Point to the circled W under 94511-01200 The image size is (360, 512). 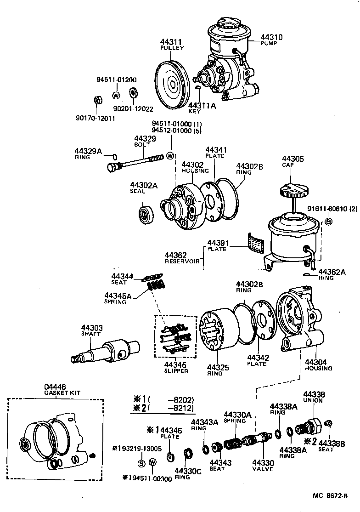point(116,96)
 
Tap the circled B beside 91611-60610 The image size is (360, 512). point(329,222)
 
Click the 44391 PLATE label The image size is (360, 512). point(217,245)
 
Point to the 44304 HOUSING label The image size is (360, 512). point(318,365)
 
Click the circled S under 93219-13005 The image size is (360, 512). point(141,462)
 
